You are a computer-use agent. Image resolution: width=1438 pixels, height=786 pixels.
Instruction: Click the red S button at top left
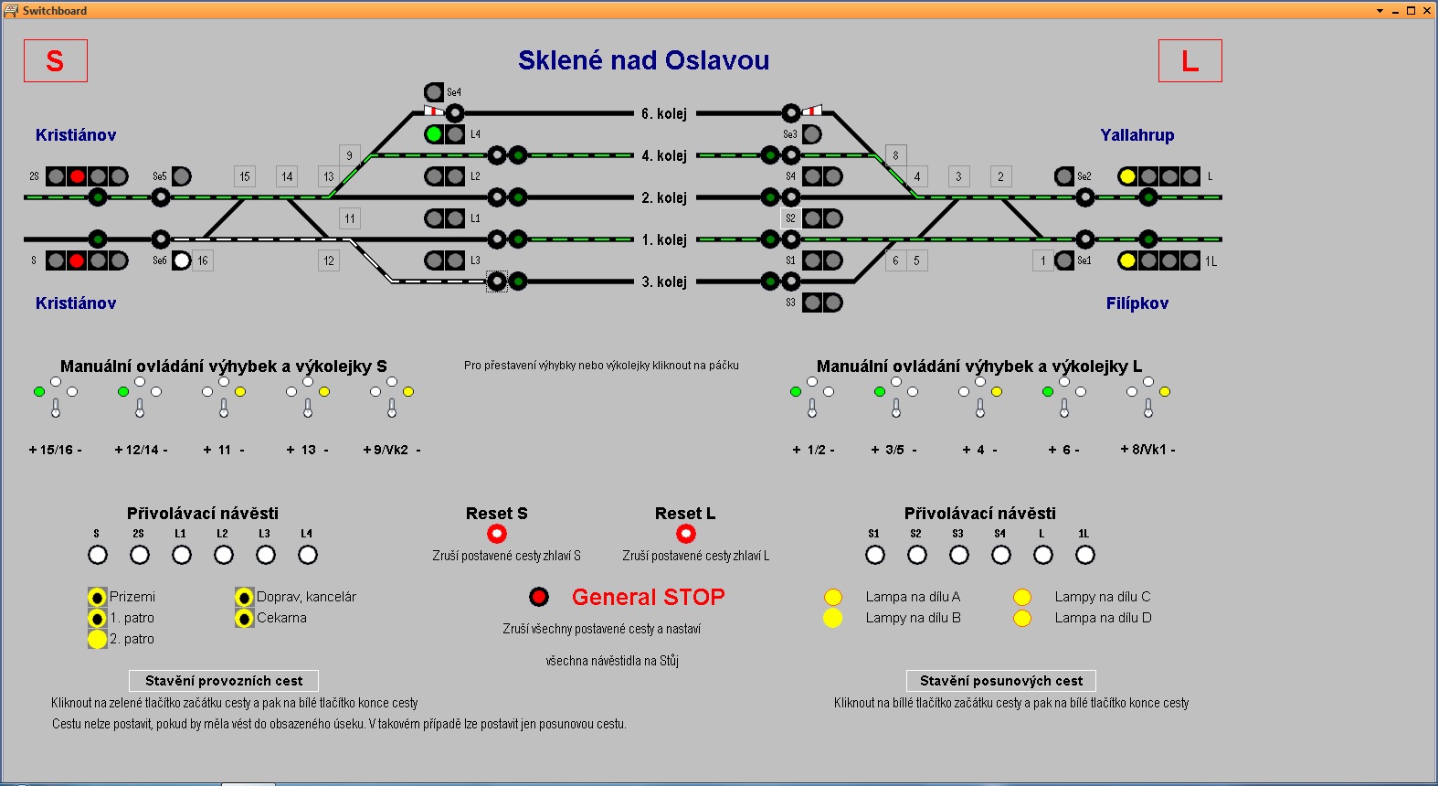(x=55, y=61)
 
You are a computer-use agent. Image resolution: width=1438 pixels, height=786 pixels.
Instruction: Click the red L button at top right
(x=1190, y=61)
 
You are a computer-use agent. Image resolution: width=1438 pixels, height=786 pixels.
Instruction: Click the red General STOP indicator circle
(x=539, y=597)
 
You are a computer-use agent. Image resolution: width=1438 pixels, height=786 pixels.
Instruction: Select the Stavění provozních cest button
(x=224, y=681)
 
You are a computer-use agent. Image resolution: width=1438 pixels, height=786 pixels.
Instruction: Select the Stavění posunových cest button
(x=1000, y=681)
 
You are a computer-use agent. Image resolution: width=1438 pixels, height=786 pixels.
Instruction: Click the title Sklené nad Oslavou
(x=643, y=60)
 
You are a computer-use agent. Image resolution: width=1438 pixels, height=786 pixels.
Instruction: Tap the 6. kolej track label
(x=663, y=113)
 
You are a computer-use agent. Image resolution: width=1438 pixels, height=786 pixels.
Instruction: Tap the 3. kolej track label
(x=663, y=281)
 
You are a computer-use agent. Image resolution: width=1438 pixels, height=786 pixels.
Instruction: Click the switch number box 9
(x=349, y=155)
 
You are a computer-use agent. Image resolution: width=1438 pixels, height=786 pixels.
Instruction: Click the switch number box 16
(x=203, y=260)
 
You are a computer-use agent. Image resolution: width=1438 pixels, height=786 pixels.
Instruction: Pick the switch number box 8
(x=895, y=155)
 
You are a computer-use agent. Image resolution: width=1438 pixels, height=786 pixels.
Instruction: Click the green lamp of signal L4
(x=434, y=134)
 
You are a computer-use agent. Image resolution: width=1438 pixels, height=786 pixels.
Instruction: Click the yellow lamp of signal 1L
(x=1127, y=260)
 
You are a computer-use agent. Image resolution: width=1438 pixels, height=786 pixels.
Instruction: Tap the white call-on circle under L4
(x=308, y=555)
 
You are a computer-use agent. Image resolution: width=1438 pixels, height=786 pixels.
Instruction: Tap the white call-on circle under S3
(x=959, y=555)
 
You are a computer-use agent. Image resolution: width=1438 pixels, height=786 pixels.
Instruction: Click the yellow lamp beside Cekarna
(x=244, y=619)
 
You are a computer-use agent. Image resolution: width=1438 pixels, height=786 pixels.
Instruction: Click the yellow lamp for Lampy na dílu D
(x=1022, y=619)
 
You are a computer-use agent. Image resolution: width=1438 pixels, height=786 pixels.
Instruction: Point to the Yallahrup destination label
(x=1137, y=135)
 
